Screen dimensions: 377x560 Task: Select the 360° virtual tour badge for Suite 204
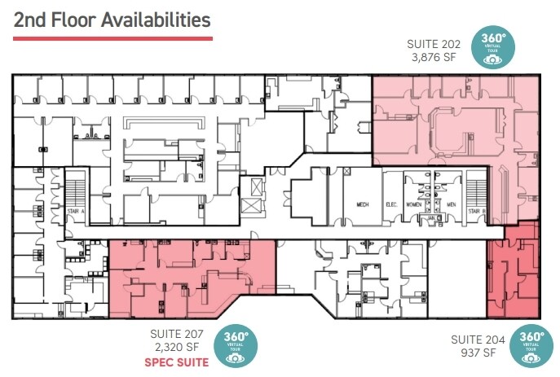tap(531, 347)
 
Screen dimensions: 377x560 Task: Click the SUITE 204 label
tap(478, 340)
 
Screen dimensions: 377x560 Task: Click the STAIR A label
tap(77, 211)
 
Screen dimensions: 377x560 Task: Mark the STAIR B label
tap(477, 211)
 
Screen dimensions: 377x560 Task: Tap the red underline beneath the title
tap(112, 37)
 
